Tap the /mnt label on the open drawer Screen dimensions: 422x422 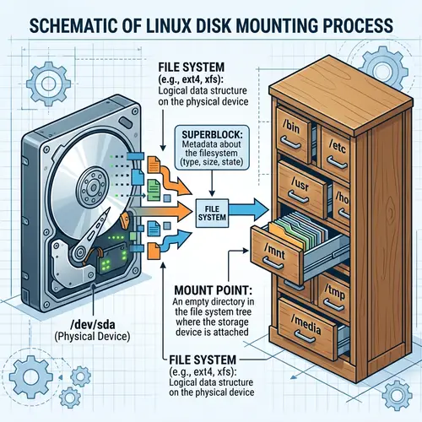pos(276,248)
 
